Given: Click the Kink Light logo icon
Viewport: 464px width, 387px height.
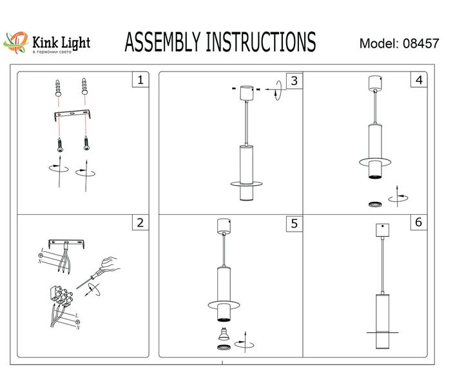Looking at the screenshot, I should (17, 43).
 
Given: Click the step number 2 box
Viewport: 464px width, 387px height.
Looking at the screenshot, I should (139, 223).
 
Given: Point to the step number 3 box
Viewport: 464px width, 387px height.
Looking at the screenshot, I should (294, 80).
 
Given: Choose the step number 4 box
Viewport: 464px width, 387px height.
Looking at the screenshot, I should (419, 80).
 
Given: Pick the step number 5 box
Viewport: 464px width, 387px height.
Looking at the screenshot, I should (294, 223).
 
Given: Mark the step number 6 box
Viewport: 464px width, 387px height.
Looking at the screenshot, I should (419, 223).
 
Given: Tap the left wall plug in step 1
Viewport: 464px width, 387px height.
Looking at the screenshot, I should (58, 88).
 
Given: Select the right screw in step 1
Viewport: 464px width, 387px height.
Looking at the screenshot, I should (84, 143).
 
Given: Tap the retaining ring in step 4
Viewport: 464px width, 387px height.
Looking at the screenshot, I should (373, 204).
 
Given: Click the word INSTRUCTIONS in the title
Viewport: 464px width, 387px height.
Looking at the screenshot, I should (260, 42).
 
